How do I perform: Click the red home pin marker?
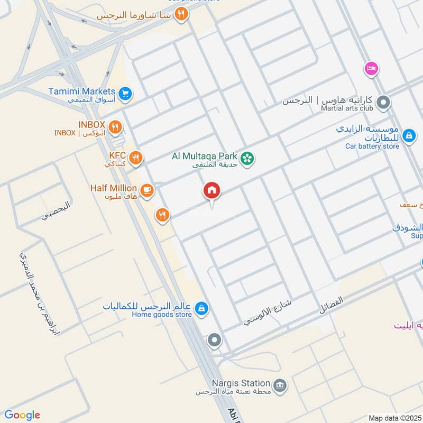212,191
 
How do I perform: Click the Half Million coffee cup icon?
147,190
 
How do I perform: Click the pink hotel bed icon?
371,69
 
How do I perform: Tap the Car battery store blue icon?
409,136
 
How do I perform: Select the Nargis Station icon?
281,384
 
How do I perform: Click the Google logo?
22,415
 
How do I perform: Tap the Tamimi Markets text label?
81,91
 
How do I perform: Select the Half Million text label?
113,188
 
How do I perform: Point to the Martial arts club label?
347,108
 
